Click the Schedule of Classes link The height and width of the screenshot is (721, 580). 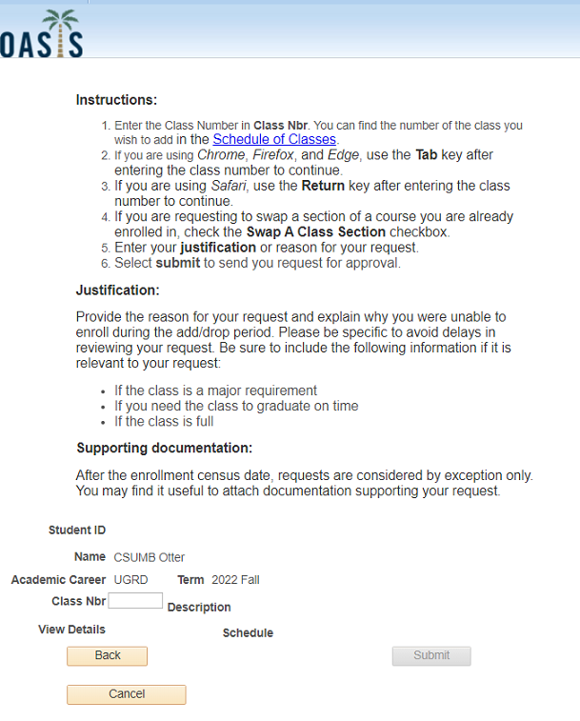(x=274, y=139)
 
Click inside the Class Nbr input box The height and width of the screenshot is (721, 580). (x=135, y=601)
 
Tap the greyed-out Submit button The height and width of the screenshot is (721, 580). (x=431, y=655)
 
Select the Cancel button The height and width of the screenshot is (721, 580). (x=127, y=694)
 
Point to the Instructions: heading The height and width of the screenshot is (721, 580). (x=116, y=100)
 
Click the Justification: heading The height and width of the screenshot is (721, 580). (x=117, y=290)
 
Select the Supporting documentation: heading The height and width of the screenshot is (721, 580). (x=164, y=448)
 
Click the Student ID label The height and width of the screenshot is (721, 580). (x=77, y=531)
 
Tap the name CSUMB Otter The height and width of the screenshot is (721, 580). (x=150, y=557)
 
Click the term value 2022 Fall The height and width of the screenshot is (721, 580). (x=235, y=580)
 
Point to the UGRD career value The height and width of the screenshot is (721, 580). (x=130, y=580)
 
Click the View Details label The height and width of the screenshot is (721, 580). (x=71, y=630)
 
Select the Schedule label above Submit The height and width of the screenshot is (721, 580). (x=248, y=633)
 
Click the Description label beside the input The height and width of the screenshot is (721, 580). (x=199, y=608)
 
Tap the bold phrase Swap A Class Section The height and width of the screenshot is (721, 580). (x=316, y=231)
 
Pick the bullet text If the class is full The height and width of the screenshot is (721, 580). (x=164, y=421)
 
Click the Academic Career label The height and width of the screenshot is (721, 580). (x=59, y=580)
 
